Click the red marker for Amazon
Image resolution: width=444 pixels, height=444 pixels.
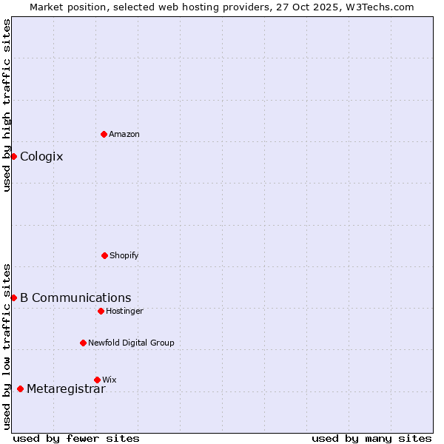(104, 134)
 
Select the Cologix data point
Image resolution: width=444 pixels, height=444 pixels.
(13, 156)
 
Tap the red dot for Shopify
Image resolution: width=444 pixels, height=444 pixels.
(104, 255)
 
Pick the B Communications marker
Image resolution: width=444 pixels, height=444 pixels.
(13, 297)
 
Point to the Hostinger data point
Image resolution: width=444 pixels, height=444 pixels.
(101, 311)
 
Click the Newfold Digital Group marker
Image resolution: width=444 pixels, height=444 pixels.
(83, 343)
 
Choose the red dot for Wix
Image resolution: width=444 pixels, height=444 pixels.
(97, 380)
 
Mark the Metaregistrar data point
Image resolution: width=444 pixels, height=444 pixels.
(20, 388)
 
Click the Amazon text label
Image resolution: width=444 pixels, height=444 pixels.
(124, 134)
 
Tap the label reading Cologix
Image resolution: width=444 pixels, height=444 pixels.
(41, 156)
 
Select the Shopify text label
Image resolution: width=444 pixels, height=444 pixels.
(124, 255)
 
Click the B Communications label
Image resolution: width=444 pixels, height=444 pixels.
(75, 297)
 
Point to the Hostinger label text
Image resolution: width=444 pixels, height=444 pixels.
(124, 311)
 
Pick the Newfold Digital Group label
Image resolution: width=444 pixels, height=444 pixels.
(131, 343)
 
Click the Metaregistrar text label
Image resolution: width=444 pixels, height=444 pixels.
(66, 389)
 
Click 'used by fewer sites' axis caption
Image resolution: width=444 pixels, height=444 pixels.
(76, 438)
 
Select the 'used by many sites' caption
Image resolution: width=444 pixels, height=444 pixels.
(371, 438)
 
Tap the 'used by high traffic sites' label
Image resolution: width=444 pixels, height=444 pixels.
(7, 106)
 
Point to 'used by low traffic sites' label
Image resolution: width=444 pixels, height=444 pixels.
(7, 346)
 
